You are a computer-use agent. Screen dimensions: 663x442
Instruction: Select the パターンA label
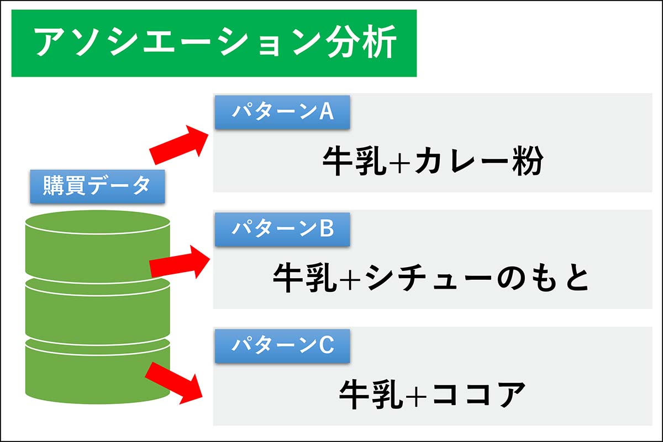point(282,112)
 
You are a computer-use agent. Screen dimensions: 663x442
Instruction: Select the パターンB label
point(282,229)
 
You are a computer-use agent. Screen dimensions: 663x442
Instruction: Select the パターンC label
point(282,346)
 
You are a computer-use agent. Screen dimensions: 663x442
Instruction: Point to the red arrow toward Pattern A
point(179,145)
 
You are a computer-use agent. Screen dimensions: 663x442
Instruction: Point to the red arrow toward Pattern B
point(180,262)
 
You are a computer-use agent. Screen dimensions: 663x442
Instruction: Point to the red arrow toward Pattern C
point(174,383)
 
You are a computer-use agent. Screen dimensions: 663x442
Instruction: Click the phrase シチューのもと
point(476,278)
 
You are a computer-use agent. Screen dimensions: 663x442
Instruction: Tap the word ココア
point(478,395)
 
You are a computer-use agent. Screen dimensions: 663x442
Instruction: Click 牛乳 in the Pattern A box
point(355,162)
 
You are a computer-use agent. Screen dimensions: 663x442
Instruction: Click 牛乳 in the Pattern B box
point(305,278)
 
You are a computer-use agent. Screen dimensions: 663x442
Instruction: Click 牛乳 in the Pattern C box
point(371,395)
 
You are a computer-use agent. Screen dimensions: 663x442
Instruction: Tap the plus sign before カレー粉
point(400,163)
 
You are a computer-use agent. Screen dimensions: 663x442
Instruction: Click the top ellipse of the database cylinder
point(98,222)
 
